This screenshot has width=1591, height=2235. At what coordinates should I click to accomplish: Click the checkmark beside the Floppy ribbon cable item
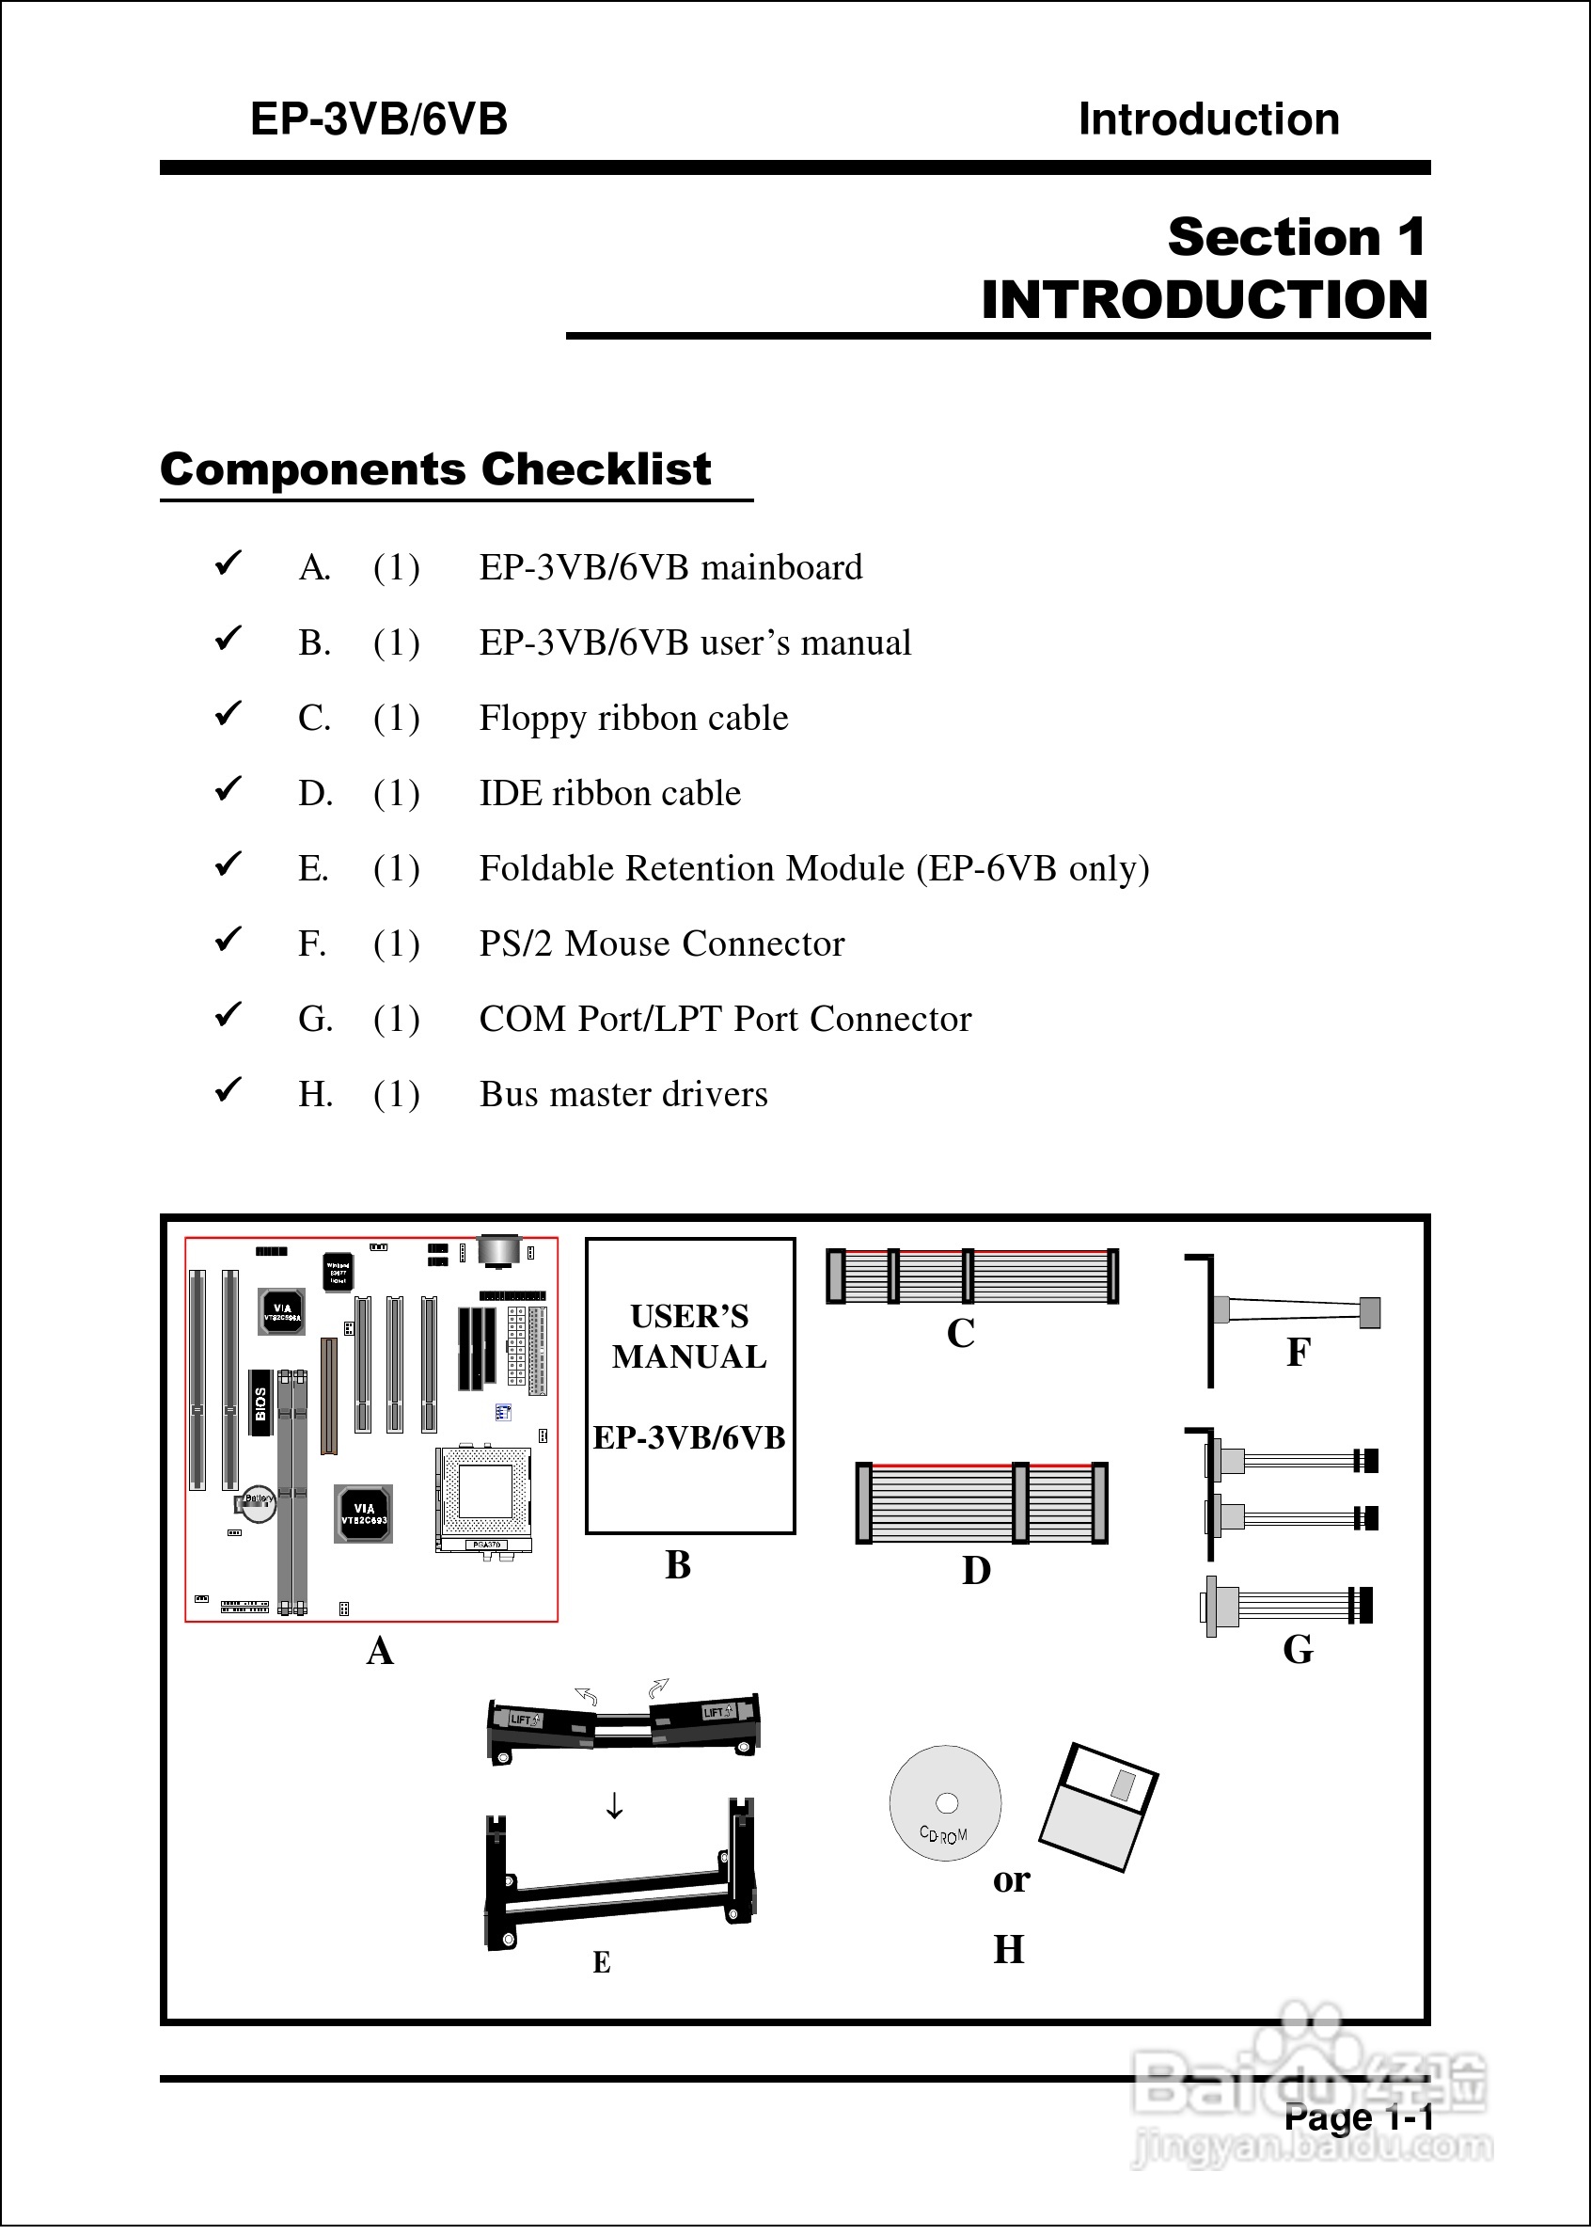(x=228, y=714)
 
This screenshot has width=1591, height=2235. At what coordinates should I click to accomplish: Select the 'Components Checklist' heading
(x=435, y=469)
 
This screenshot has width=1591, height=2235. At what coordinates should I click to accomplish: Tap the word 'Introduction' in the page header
(x=1208, y=119)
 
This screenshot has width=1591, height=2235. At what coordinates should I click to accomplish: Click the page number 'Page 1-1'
(x=1358, y=2117)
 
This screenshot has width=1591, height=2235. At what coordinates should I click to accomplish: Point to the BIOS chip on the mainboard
(x=260, y=1403)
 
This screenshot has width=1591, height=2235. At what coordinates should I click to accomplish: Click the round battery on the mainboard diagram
(x=260, y=1506)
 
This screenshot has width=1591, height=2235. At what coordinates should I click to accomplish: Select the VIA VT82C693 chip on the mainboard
(x=364, y=1514)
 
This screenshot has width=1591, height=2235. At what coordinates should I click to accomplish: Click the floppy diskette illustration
(x=1099, y=1805)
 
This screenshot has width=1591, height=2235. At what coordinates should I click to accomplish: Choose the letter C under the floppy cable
(x=960, y=1334)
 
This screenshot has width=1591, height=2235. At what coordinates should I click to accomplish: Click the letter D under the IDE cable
(x=976, y=1571)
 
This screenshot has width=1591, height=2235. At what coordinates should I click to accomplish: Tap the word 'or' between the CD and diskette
(x=1011, y=1879)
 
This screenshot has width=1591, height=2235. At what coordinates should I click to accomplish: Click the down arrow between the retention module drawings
(x=614, y=1805)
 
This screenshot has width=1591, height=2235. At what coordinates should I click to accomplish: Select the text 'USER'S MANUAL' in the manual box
(x=689, y=1336)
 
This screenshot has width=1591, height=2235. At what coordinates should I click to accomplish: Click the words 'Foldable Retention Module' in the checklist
(x=692, y=868)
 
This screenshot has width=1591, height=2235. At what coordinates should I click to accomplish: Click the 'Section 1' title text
(x=1295, y=237)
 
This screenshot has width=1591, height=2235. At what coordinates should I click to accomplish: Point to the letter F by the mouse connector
(x=1298, y=1352)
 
